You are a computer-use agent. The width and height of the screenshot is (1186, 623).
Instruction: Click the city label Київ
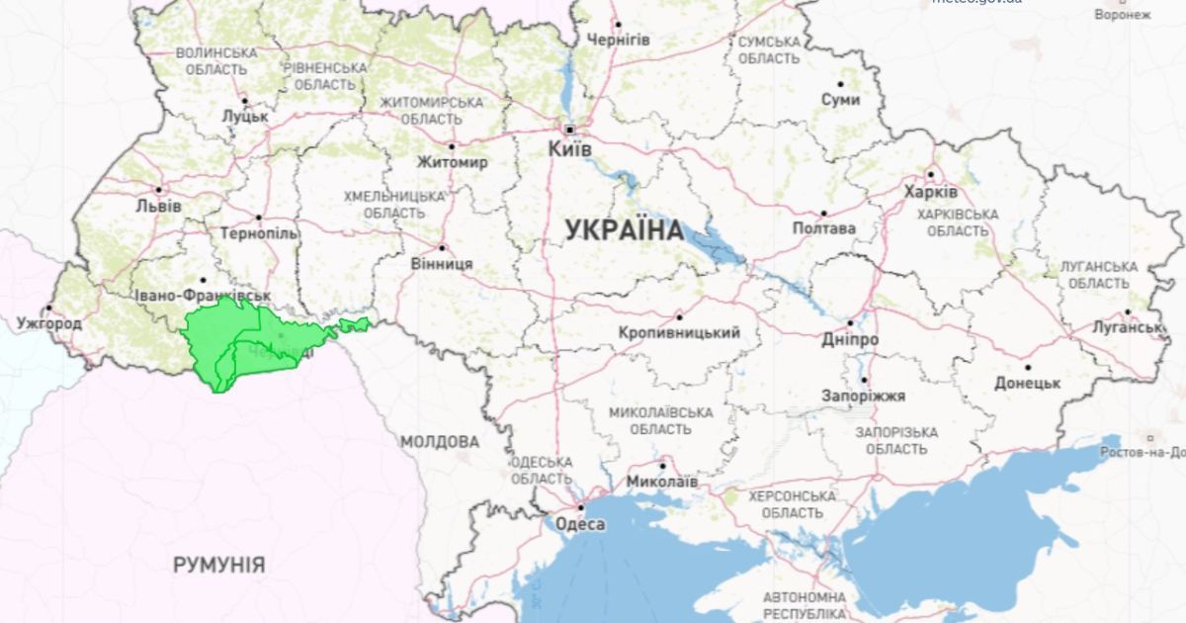tap(570, 148)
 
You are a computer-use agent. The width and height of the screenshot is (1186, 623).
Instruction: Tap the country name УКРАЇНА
tap(624, 230)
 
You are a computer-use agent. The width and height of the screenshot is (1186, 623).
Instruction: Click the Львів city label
tap(158, 207)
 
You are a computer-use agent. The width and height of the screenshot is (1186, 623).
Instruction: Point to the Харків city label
tap(930, 192)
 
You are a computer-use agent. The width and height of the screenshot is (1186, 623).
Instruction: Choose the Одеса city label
tap(580, 524)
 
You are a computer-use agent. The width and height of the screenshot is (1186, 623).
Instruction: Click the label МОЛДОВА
tap(440, 441)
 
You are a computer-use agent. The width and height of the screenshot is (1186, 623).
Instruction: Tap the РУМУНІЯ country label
tap(218, 565)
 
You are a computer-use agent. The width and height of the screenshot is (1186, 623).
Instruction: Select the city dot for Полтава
tap(823, 213)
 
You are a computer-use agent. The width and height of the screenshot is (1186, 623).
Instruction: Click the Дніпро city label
tap(850, 339)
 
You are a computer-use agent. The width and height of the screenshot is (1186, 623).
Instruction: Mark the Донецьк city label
tap(1028, 383)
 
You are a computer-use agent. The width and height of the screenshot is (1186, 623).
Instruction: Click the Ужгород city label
tap(49, 323)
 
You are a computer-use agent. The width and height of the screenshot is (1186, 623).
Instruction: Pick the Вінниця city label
tap(442, 264)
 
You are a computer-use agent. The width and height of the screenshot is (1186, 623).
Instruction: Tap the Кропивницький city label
tap(679, 333)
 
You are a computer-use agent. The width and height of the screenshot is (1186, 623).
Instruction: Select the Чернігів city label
tap(619, 40)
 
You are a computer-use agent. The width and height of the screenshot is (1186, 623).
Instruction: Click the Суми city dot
tap(841, 84)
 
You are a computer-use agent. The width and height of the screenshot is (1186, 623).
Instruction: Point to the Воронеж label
tap(1123, 15)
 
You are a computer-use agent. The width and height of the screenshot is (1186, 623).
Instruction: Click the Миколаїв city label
tap(662, 482)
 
